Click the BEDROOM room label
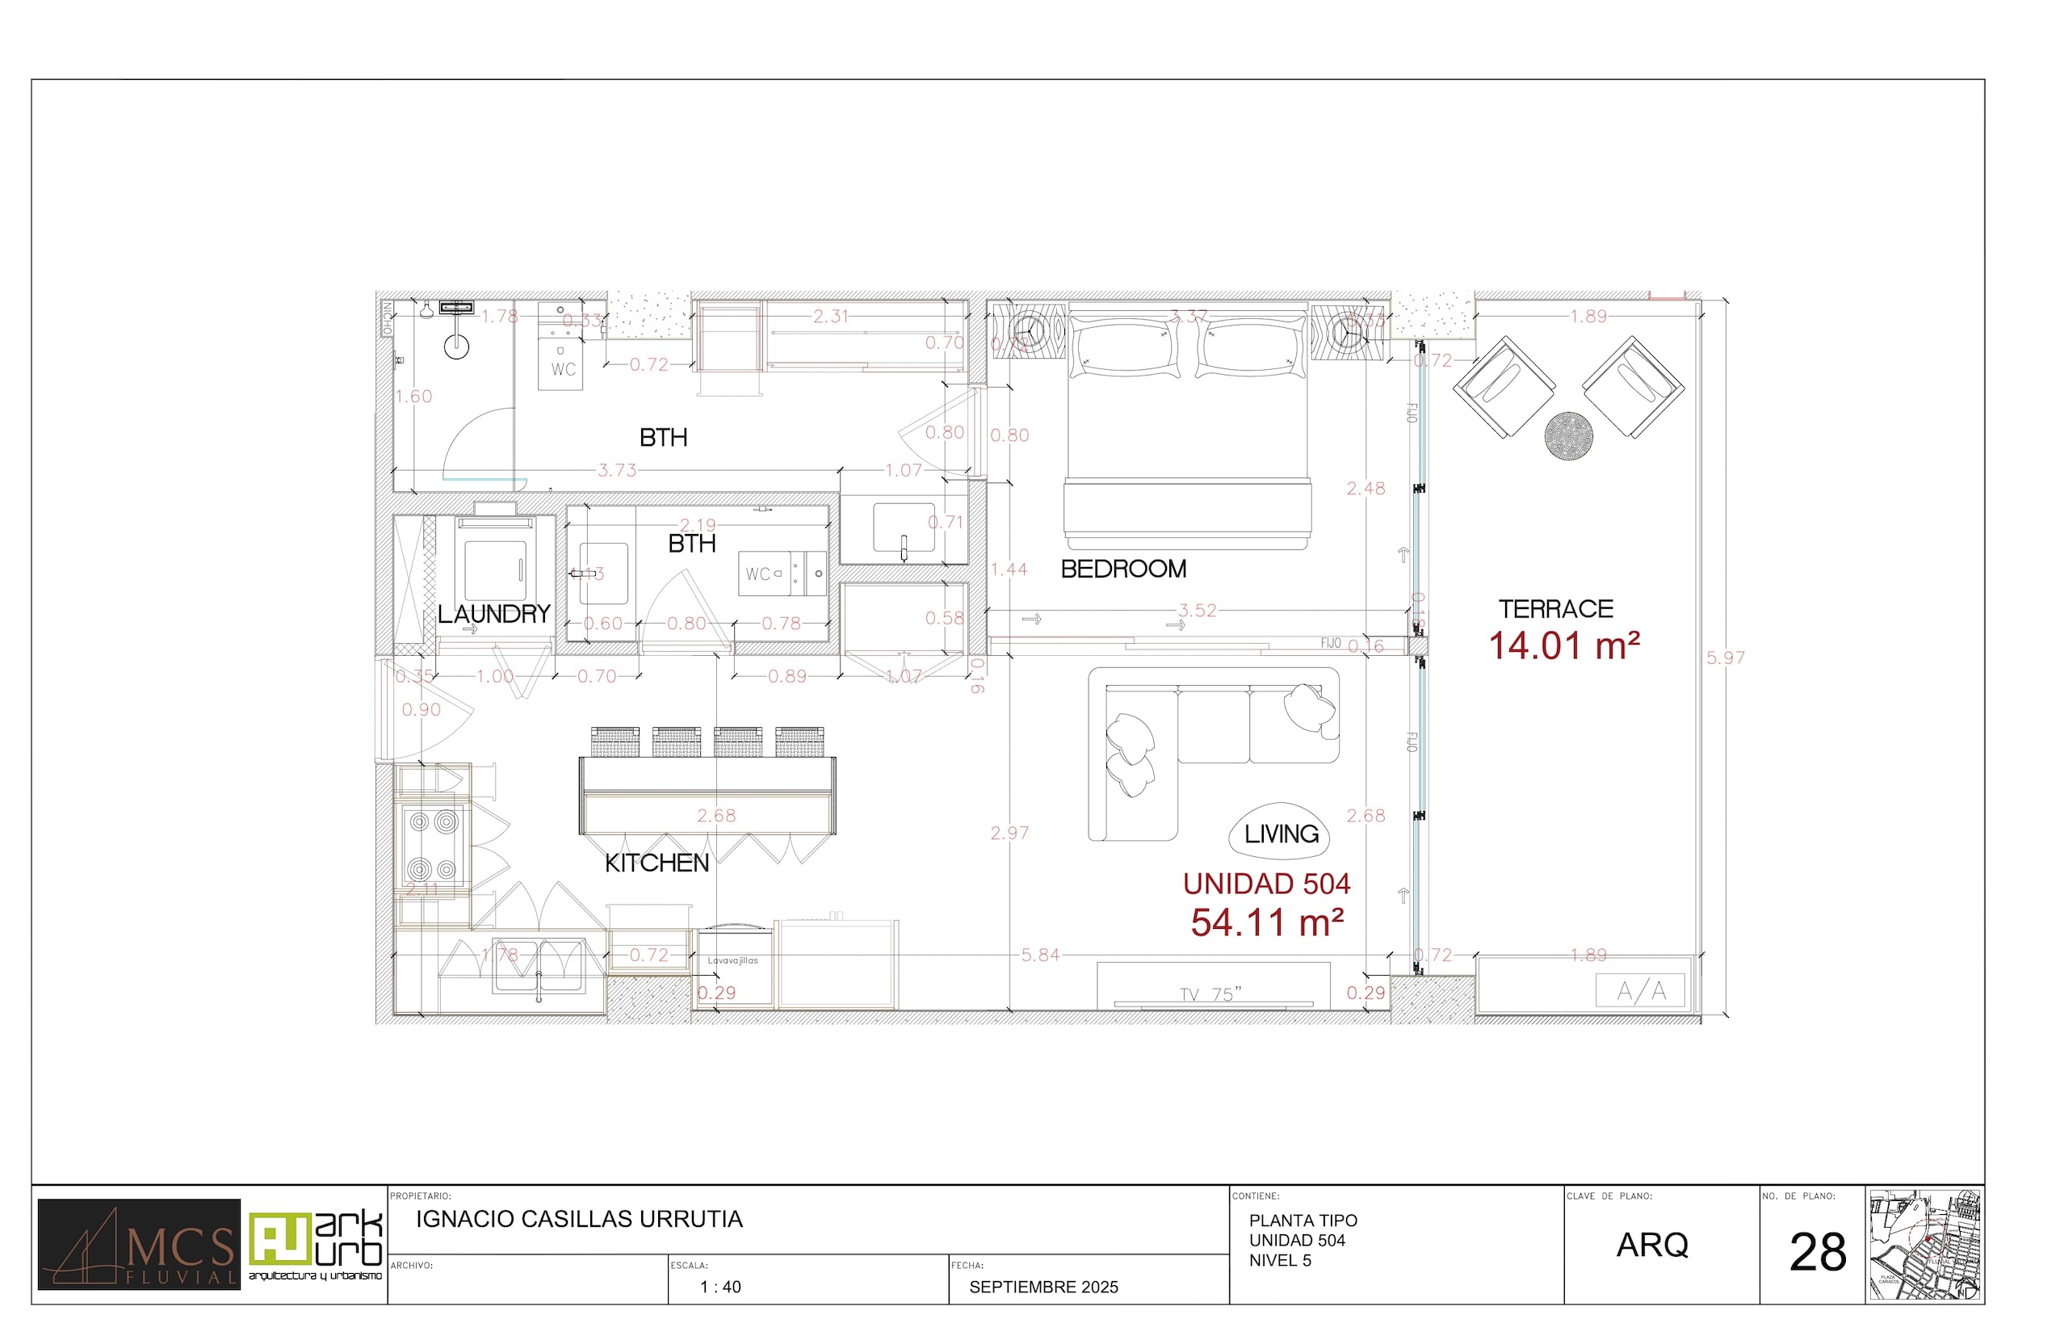click(1123, 569)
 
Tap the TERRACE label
click(1556, 609)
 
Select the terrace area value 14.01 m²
click(1563, 646)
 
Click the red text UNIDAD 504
click(1266, 884)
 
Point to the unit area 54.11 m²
click(1266, 923)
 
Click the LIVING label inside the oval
click(1281, 834)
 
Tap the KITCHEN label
click(657, 863)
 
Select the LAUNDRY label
click(493, 614)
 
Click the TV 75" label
click(1210, 994)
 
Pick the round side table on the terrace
click(1568, 435)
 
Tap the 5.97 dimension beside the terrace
click(1725, 657)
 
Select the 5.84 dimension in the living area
click(1040, 956)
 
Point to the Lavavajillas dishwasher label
click(732, 960)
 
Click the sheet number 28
click(1818, 1253)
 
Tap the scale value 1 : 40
click(719, 1288)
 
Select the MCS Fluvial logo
click(139, 1244)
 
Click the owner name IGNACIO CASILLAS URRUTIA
click(579, 1219)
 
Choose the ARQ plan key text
click(1652, 1246)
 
